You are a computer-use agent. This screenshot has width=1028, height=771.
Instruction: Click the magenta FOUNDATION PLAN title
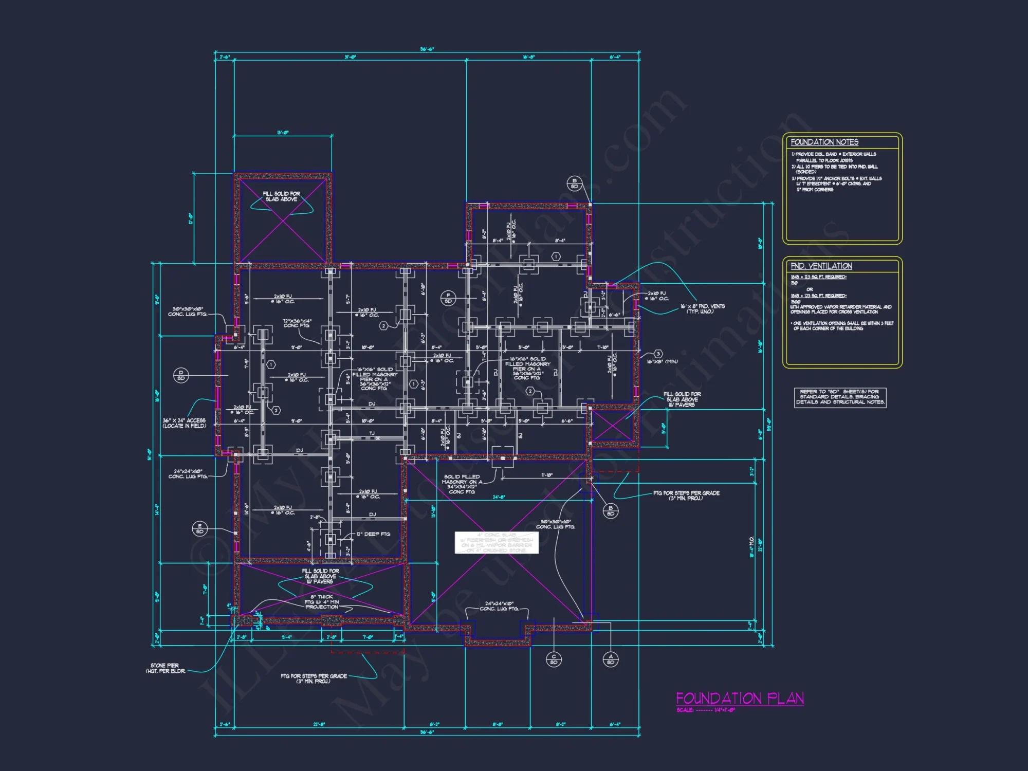point(740,698)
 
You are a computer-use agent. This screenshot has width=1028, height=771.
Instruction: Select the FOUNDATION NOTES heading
point(824,142)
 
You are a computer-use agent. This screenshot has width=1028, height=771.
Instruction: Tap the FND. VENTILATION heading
point(821,266)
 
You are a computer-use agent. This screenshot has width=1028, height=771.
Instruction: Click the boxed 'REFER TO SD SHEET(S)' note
point(840,397)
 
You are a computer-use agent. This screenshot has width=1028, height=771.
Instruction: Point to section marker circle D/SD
point(181,375)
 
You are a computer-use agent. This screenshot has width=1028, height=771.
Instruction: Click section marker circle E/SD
point(199,528)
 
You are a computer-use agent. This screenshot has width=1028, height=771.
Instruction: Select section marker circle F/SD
point(448,298)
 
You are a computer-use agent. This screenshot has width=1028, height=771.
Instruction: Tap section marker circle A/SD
point(611,659)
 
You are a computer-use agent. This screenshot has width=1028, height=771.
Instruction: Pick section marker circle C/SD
point(554,659)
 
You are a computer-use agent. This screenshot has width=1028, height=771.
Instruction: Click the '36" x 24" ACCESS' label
point(184,423)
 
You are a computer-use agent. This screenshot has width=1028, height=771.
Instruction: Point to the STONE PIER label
point(165,668)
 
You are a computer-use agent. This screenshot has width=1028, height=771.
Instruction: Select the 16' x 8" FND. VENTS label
point(702,308)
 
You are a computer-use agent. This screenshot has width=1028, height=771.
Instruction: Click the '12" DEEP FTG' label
point(373,534)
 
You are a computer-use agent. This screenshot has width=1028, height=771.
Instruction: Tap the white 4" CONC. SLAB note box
point(497,542)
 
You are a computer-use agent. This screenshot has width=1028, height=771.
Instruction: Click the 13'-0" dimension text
point(283,133)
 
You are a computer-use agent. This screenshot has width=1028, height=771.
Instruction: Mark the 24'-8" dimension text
point(499,497)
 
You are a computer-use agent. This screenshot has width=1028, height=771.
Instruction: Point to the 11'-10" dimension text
point(547,475)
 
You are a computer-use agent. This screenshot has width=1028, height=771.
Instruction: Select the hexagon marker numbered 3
point(658,354)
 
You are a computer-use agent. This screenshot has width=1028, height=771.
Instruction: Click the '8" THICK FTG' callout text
point(322,602)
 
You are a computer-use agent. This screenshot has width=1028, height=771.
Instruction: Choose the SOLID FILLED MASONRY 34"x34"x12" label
point(462,484)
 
